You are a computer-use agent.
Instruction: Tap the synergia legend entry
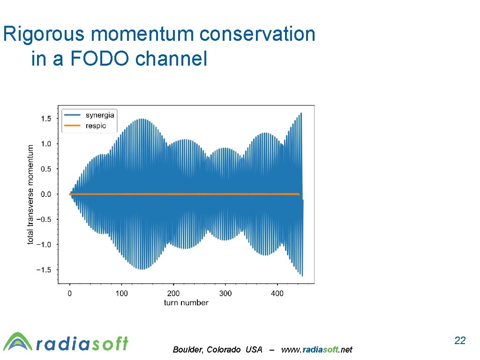pyautogui.click(x=99, y=115)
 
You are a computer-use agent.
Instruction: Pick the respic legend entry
pyautogui.click(x=96, y=126)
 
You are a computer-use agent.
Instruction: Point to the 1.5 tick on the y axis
pyautogui.click(x=46, y=119)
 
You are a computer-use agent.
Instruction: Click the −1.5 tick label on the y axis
pyautogui.click(x=44, y=270)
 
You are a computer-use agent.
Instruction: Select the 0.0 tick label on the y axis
pyautogui.click(x=46, y=194)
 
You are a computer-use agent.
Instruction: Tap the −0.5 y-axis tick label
pyautogui.click(x=44, y=219)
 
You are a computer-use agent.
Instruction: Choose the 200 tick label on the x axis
pyautogui.click(x=173, y=293)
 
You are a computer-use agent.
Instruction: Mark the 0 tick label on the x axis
pyautogui.click(x=70, y=293)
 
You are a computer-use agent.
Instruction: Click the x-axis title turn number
pyautogui.click(x=186, y=303)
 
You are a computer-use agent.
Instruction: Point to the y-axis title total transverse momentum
pyautogui.click(x=31, y=194)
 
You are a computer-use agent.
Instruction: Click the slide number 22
pyautogui.click(x=460, y=341)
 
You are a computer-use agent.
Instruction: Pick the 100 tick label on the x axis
pyautogui.click(x=121, y=293)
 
